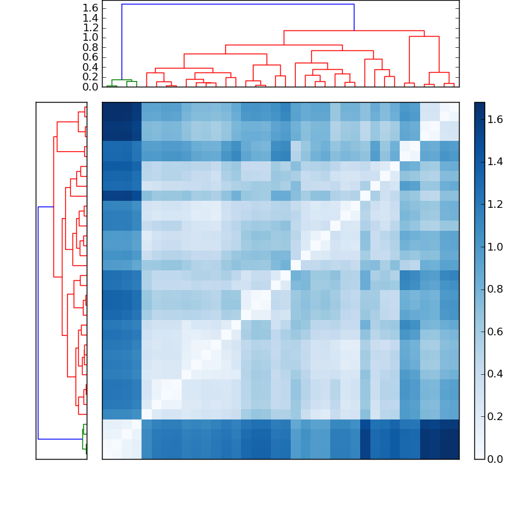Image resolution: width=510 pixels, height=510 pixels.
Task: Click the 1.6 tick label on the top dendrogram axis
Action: [90, 7]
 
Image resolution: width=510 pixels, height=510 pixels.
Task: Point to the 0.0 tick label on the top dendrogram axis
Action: [90, 87]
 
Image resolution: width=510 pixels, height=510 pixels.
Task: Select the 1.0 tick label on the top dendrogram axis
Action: [90, 37]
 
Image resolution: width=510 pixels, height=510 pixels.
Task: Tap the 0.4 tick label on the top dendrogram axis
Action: [90, 67]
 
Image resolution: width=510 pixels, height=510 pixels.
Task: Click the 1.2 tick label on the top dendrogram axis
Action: [90, 27]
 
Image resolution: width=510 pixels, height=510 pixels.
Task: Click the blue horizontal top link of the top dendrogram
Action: [237, 4]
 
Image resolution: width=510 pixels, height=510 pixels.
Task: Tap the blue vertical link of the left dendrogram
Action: [38, 322]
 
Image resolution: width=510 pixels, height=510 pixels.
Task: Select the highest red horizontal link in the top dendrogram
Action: [354, 31]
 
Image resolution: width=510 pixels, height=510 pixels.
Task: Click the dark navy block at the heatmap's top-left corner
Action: [121, 121]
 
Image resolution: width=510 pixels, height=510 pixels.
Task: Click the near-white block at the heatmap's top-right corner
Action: [439, 121]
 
